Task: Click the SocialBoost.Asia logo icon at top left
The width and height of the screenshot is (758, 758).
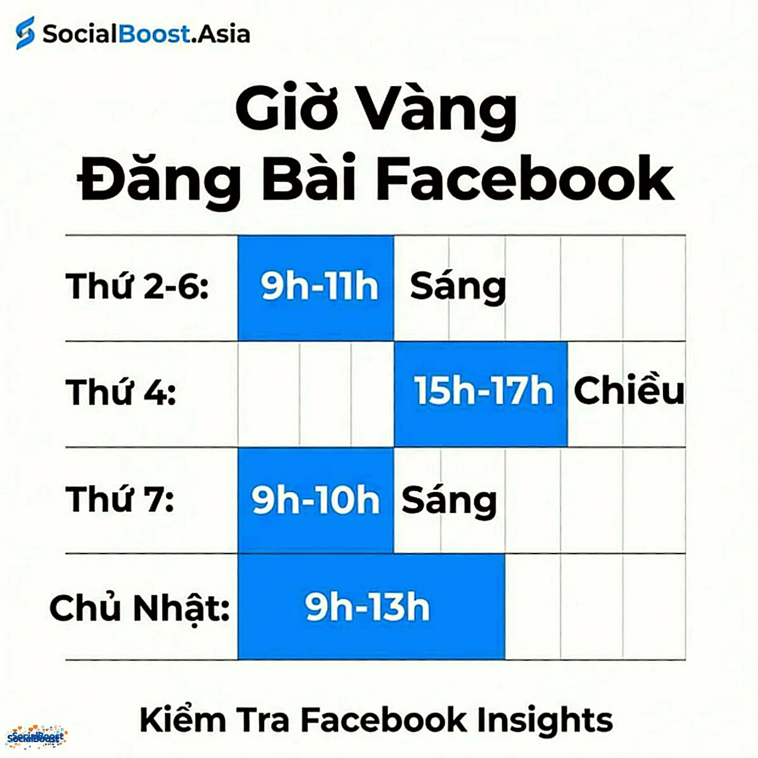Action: (x=25, y=33)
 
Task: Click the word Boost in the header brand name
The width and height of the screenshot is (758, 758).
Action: (x=154, y=34)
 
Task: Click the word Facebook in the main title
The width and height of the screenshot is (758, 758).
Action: (x=525, y=179)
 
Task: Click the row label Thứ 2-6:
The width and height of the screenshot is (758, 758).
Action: (x=137, y=286)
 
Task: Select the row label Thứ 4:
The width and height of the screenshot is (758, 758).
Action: (x=121, y=392)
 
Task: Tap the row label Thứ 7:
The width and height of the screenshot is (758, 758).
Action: (x=120, y=499)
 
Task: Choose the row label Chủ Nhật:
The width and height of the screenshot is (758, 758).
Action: (x=139, y=608)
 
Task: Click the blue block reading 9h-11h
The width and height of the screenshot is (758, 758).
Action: (x=316, y=287)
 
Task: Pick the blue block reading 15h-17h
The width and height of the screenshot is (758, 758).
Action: (x=481, y=393)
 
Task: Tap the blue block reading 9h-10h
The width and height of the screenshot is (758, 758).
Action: (x=315, y=500)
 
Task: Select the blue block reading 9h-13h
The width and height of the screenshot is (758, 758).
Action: (x=371, y=607)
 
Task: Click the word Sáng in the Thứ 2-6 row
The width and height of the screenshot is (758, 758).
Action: (x=458, y=287)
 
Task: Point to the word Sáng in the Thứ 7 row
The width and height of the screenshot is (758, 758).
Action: (x=449, y=501)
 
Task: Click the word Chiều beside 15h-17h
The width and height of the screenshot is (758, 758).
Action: (x=629, y=391)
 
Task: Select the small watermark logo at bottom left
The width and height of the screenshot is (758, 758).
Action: (x=36, y=737)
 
